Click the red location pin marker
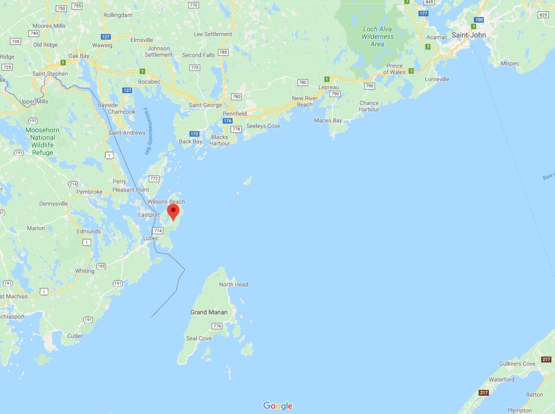[x=173, y=211]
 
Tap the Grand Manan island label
[x=209, y=312]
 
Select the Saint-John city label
[x=468, y=35]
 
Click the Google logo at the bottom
[x=278, y=406]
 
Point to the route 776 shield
[x=217, y=326]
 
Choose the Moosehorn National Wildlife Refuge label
[x=42, y=141]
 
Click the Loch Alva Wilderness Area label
[x=378, y=36]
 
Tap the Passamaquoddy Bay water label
[x=148, y=131]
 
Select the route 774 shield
[x=158, y=231]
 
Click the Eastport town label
[x=149, y=215]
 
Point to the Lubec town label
[x=151, y=238]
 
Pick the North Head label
[x=234, y=285]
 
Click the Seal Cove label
[x=199, y=338]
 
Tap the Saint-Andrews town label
[x=127, y=133]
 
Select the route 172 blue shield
[x=194, y=134]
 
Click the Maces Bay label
[x=328, y=121]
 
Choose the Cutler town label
[x=75, y=336]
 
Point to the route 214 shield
[x=73, y=184]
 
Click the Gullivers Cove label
[x=517, y=364]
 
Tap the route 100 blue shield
[x=479, y=20]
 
